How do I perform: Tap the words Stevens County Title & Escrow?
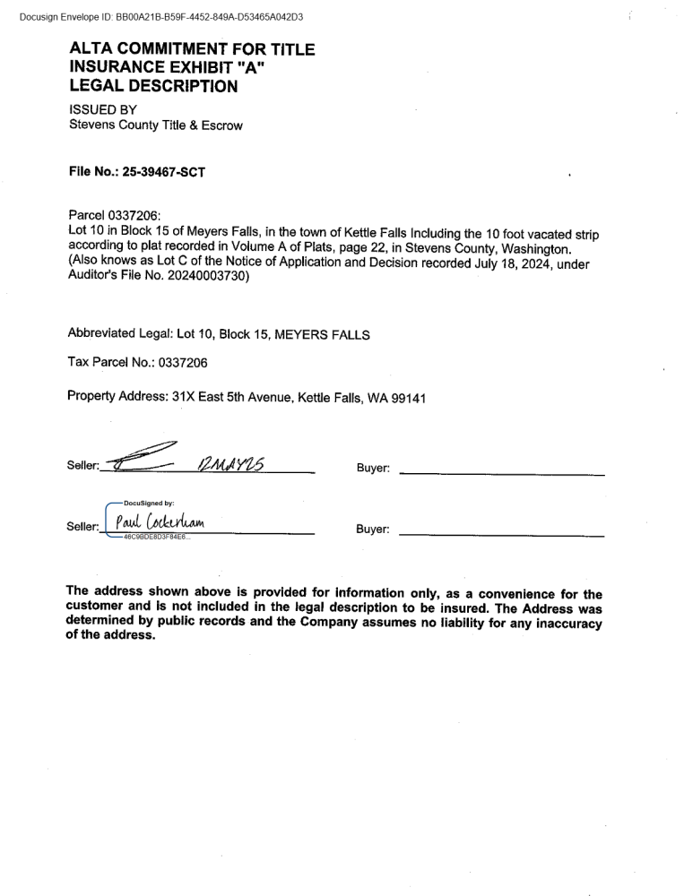(155, 125)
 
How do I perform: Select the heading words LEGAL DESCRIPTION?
(153, 87)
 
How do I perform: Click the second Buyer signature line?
(500, 534)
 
